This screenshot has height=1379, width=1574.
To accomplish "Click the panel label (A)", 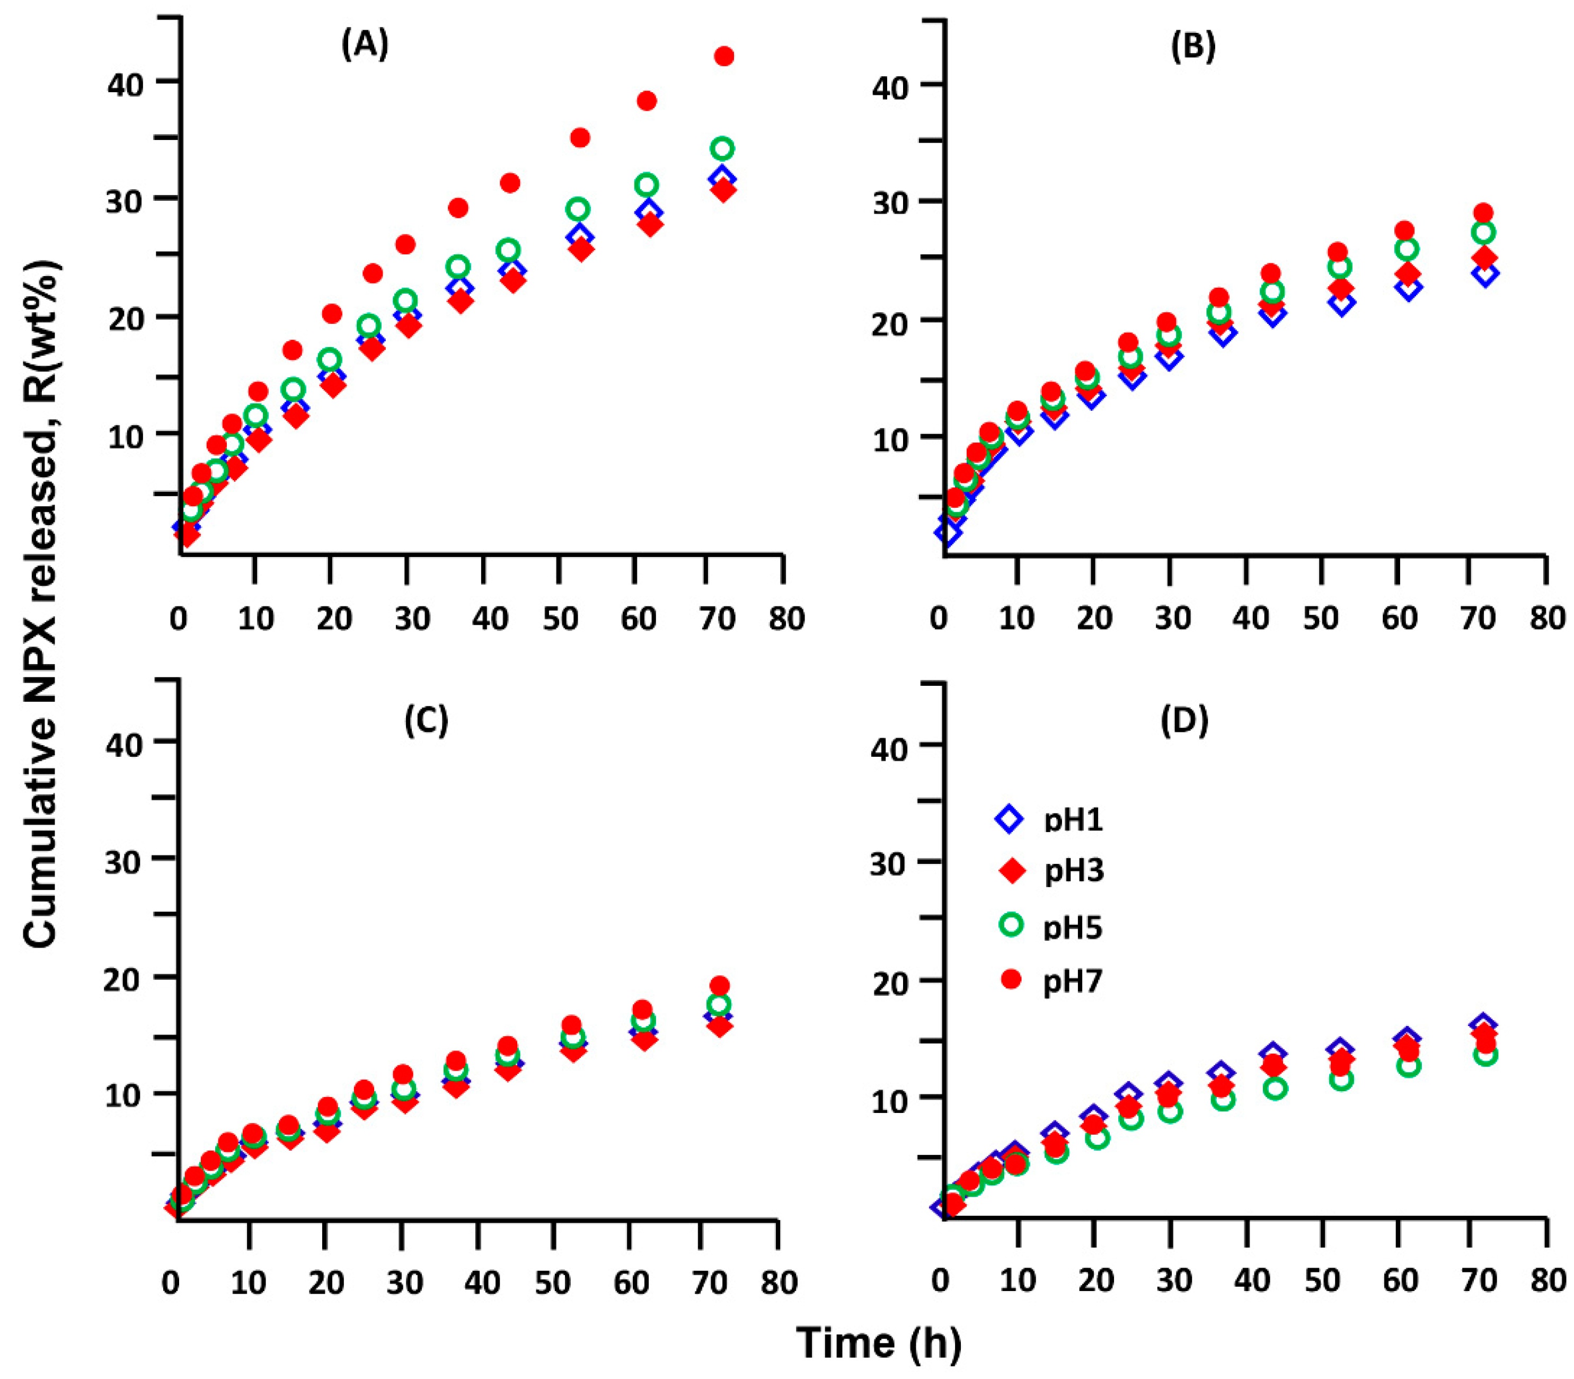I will [x=365, y=46].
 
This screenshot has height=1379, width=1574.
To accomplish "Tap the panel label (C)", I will [x=426, y=720].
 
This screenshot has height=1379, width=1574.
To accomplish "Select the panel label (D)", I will [x=1184, y=720].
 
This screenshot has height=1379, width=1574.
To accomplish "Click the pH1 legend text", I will [x=1073, y=820].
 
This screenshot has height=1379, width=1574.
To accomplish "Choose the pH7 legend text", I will [x=1073, y=982].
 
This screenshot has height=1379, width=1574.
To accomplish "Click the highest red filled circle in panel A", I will [x=724, y=56].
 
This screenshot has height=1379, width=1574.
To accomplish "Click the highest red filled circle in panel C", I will [x=719, y=986].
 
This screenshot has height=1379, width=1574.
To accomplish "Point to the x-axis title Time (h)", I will [x=879, y=1343].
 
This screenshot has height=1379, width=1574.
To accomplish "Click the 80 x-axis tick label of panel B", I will [x=1546, y=618].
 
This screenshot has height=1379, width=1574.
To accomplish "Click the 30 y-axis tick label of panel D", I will [x=891, y=862].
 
